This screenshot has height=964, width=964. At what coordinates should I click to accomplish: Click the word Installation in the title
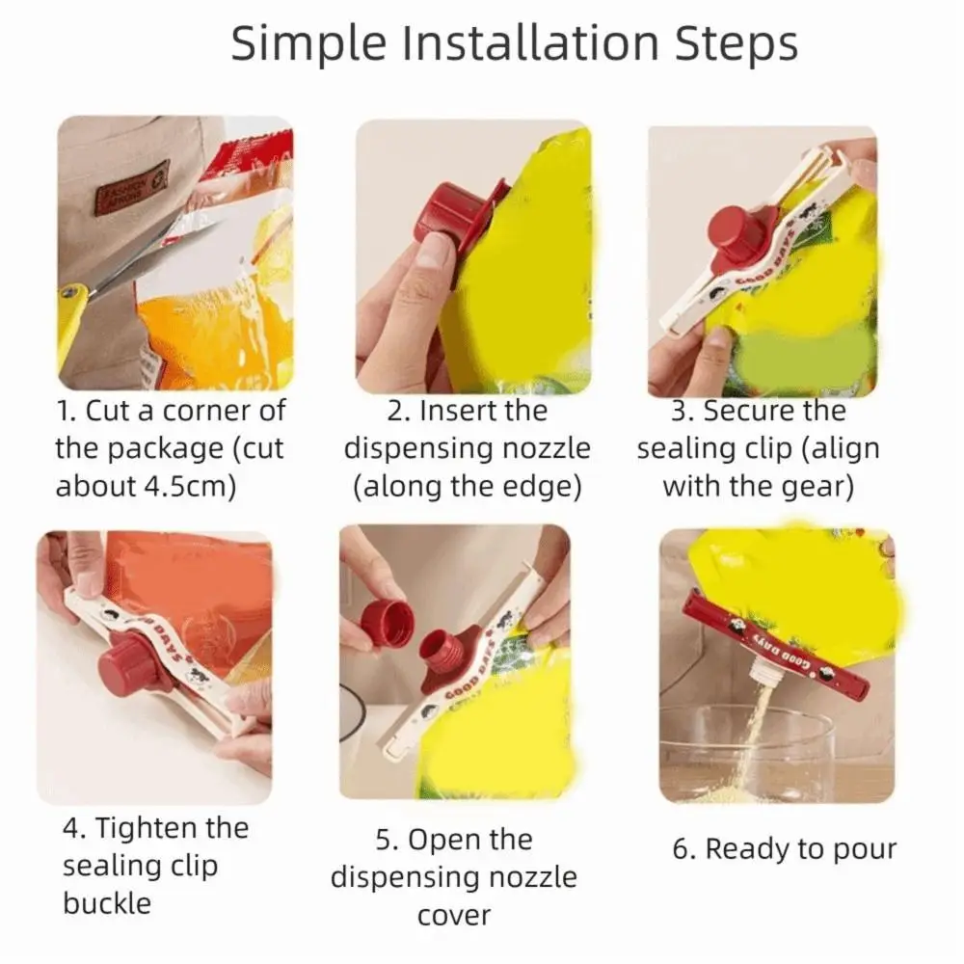point(530,43)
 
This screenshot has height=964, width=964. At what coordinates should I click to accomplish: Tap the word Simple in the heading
point(309,44)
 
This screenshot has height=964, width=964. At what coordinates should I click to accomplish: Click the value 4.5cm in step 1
point(182,486)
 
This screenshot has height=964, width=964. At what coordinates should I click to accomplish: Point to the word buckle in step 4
point(107,902)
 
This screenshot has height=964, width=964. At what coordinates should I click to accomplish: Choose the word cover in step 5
point(454,916)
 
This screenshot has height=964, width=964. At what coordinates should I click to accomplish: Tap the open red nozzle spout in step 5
point(442,653)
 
